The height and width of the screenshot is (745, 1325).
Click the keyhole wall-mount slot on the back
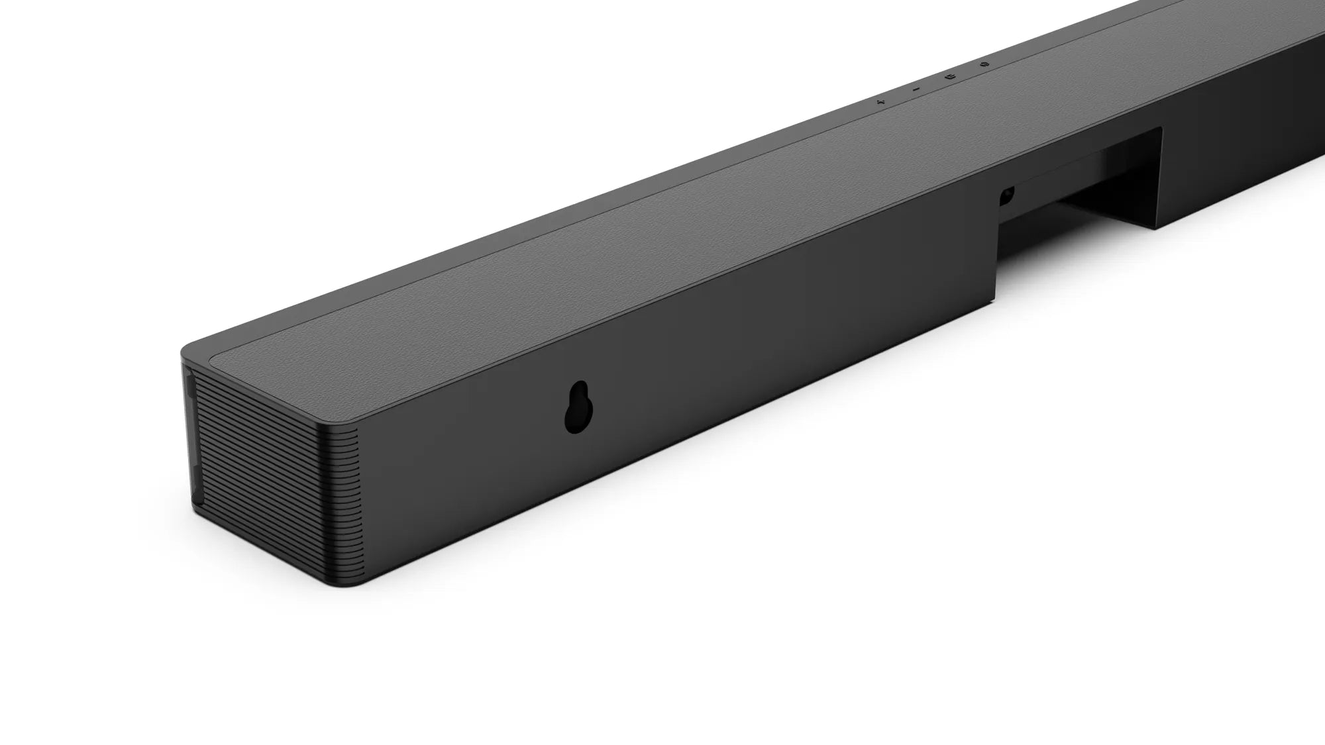(576, 407)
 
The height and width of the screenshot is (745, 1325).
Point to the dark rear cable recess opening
(1086, 192)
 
